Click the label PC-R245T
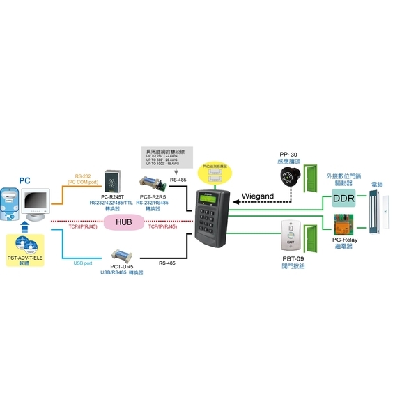(115, 196)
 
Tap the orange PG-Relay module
(344, 228)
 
